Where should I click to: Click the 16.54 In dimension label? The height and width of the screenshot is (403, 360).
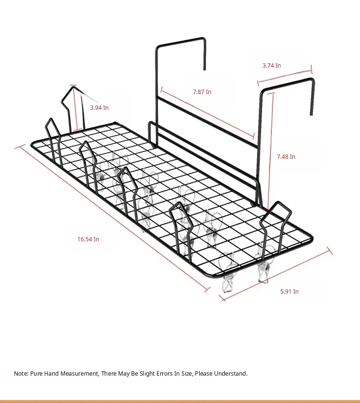[88, 239]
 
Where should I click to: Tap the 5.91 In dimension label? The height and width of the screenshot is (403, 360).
[289, 292]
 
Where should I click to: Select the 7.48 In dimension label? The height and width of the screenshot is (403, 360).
[286, 157]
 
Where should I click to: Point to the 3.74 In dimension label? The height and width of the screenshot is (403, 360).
[272, 66]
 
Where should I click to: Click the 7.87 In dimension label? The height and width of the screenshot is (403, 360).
[202, 92]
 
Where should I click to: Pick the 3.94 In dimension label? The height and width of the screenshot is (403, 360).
[99, 107]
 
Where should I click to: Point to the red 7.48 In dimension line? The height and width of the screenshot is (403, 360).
[271, 152]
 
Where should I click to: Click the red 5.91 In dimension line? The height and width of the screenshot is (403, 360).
[276, 274]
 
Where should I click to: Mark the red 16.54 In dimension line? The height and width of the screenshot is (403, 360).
[112, 218]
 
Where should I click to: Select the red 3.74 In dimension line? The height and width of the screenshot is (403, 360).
[285, 76]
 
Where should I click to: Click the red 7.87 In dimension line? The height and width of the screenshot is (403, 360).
[207, 112]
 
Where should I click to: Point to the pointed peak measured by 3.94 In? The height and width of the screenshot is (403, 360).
[73, 87]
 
